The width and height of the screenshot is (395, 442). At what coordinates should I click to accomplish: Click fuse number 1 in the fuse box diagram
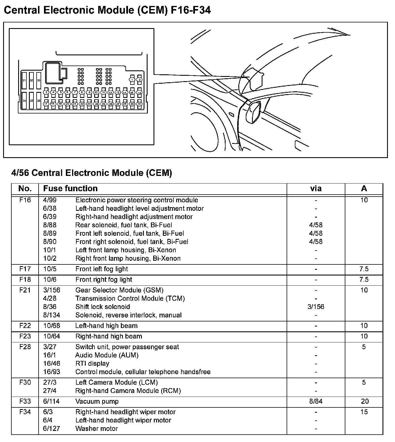pos(132,80)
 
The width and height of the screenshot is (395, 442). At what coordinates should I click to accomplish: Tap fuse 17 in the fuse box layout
pos(46,104)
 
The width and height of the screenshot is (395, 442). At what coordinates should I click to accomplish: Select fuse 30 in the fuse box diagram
pos(139,104)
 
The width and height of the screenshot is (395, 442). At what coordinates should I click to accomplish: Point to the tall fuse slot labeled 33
pos(39,81)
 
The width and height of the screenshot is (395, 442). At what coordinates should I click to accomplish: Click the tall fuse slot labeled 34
pos(24,101)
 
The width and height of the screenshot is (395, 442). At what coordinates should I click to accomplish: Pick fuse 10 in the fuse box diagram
pos(96,92)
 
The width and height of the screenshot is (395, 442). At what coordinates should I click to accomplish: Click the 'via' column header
pos(316,189)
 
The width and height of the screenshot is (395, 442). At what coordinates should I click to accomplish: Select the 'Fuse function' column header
pos(70,189)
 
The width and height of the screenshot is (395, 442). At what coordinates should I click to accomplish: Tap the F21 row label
pos(25,290)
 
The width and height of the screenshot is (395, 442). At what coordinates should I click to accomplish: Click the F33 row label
pos(25,401)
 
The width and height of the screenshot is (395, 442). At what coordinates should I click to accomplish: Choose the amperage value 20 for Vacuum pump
pos(365,401)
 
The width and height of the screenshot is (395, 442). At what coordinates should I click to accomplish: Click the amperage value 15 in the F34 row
pos(364,412)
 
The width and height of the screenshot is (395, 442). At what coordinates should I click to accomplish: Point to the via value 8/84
pos(316,401)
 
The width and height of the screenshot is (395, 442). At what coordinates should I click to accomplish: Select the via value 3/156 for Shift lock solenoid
pos(316,307)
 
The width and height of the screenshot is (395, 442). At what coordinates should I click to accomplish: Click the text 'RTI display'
pos(92,364)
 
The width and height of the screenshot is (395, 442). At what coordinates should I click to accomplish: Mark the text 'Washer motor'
pos(96,429)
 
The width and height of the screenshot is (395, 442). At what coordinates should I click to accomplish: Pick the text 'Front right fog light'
pos(104,280)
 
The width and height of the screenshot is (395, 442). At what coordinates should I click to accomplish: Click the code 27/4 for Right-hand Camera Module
pos(50,391)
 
